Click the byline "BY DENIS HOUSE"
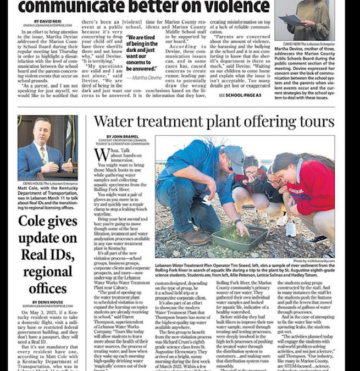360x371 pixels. [47, 302]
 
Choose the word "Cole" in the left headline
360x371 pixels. [32, 222]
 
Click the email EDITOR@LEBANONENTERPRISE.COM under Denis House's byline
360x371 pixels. [47, 306]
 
